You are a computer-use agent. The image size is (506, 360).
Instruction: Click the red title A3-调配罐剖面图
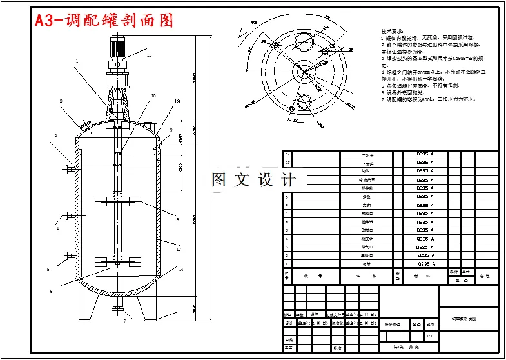point(104,21)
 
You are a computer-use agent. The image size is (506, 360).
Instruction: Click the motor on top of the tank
point(117,50)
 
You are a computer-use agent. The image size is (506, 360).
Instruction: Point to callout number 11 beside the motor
point(148,55)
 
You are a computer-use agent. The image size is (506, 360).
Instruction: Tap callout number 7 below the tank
point(124,320)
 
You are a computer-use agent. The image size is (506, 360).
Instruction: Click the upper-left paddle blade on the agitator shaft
point(101,201)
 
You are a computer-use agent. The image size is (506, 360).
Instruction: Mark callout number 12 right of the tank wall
point(179,249)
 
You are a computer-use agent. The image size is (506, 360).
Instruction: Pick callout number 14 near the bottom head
point(181,269)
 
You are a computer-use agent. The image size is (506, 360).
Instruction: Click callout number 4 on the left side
point(57,228)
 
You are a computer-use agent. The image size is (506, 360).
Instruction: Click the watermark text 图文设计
point(254,180)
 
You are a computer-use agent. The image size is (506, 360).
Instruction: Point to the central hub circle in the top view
point(304,70)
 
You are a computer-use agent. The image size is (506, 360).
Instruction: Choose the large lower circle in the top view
point(305,104)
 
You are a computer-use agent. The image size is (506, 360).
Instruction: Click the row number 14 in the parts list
point(287,155)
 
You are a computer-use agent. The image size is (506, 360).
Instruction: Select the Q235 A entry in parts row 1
point(425,264)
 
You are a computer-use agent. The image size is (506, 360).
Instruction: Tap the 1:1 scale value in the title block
point(430,335)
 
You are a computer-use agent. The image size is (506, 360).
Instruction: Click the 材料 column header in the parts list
point(425,276)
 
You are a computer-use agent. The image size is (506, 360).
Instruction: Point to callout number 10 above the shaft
point(153,96)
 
